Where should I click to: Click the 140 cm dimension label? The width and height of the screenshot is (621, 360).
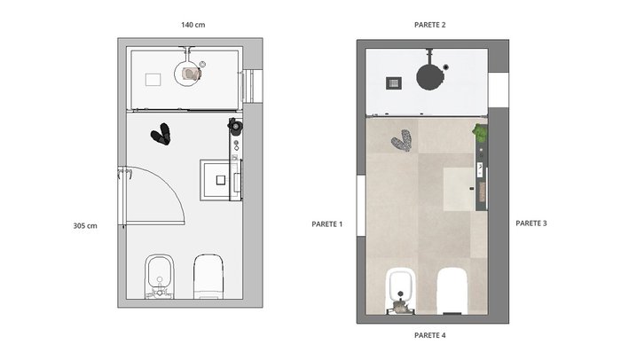[x=193, y=25]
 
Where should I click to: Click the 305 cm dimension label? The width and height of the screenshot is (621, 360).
[x=85, y=226]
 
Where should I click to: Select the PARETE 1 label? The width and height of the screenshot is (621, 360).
[x=327, y=224]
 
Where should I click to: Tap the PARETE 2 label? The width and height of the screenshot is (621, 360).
[x=429, y=25]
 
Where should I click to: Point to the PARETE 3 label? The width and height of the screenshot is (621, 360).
[x=531, y=223]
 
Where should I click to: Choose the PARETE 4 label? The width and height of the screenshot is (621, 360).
[x=429, y=335]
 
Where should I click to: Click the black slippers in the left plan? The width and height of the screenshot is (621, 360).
[x=161, y=134]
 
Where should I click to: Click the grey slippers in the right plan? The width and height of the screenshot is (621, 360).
[x=402, y=141]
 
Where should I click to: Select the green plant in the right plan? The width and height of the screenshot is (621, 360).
[x=480, y=133]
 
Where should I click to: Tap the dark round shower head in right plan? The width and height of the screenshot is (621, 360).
[x=429, y=77]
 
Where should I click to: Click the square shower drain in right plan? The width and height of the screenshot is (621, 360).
[x=394, y=83]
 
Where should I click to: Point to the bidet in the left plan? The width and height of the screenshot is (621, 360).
[x=160, y=276]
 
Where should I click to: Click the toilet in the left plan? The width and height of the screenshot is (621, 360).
[x=208, y=276]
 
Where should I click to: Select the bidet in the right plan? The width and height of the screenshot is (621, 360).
[x=400, y=291]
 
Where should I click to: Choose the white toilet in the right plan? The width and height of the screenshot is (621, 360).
[x=452, y=291]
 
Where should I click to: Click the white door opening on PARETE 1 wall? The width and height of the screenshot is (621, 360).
[x=361, y=206]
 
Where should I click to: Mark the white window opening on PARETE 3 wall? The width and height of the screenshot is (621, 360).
[x=499, y=90]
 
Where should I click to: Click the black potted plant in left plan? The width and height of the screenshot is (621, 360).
[x=235, y=126]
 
